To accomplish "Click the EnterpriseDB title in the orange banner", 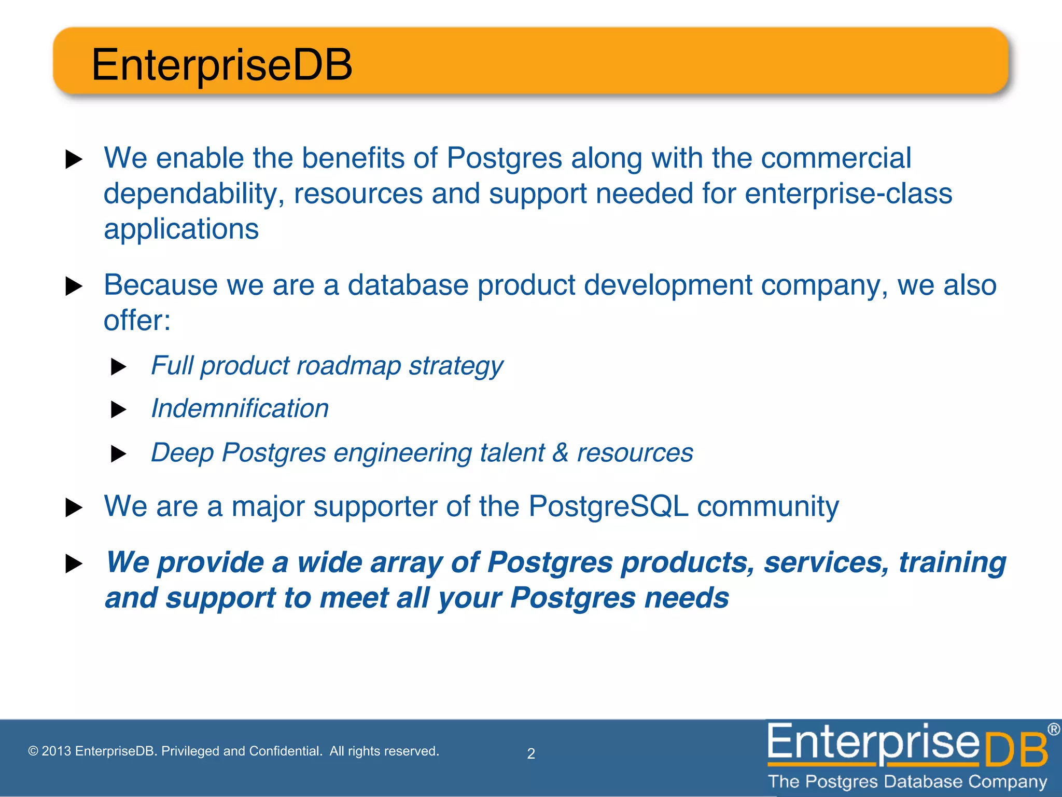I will (221, 65).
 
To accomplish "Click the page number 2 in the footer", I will (531, 753).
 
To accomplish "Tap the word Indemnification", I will (240, 408).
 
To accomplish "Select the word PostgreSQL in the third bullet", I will (608, 506).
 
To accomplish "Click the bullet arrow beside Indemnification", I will (119, 410).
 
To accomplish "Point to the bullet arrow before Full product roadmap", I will (119, 367).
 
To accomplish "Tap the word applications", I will (181, 229).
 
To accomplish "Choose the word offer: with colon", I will (137, 320).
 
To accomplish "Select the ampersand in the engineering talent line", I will (560, 452).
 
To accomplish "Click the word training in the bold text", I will (952, 562).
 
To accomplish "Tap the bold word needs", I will (686, 598).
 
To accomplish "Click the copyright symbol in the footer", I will (33, 751).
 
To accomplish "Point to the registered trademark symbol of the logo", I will (1053, 730).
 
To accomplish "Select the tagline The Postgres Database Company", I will (907, 781).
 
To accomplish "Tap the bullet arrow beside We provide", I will (74, 564).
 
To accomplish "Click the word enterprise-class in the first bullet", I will (848, 194).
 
